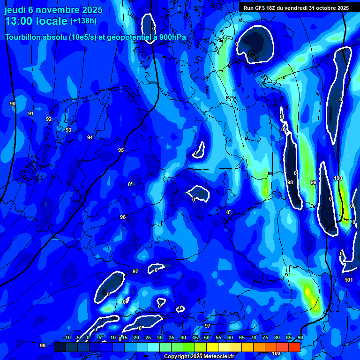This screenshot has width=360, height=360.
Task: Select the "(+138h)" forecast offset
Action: pyautogui.click(x=83, y=21)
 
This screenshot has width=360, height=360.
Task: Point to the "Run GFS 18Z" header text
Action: pyautogui.click(x=260, y=7)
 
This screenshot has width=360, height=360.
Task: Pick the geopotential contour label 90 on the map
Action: pyautogui.click(x=13, y=104)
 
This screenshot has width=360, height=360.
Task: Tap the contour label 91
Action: pyautogui.click(x=31, y=113)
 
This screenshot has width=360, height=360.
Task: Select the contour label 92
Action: pyautogui.click(x=49, y=119)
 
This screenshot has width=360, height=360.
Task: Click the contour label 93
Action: pyautogui.click(x=68, y=130)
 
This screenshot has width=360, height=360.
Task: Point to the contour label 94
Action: pyautogui.click(x=90, y=137)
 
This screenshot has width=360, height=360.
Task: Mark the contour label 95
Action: pyautogui.click(x=121, y=150)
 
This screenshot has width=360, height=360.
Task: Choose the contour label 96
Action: pyautogui.click(x=123, y=217)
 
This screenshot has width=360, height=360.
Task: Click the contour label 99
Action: pyautogui.click(x=313, y=182)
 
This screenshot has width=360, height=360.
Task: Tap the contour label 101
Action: pyautogui.click(x=348, y=280)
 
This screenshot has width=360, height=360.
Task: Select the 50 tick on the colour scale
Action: pyautogui.click(x=207, y=337)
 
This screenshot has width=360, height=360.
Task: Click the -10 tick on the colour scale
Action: pyautogui.click(x=67, y=337)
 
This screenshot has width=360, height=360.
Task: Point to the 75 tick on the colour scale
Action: pyautogui.click(x=265, y=337)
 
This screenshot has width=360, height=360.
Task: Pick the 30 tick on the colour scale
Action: pyautogui.click(x=160, y=337)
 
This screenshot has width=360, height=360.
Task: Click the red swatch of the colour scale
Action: pyautogui.click(x=294, y=346)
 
